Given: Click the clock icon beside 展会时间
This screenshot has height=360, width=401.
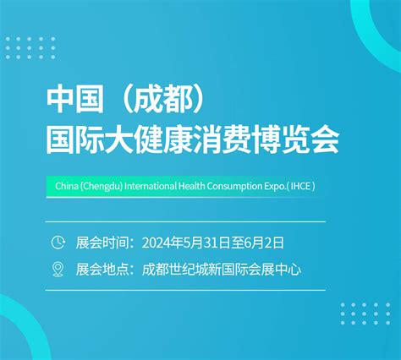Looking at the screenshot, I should coord(58,243).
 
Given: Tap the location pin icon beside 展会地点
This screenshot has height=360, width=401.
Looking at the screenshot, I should coord(58,270).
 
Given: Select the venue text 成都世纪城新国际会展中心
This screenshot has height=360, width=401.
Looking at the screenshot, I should coord(222,270).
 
